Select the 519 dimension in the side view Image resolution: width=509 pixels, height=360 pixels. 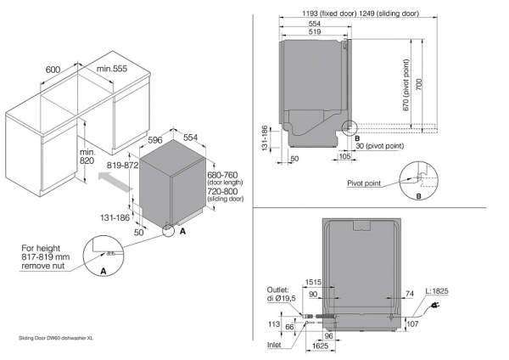click(314, 31)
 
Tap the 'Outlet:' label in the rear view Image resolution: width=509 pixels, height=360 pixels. click(277, 290)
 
